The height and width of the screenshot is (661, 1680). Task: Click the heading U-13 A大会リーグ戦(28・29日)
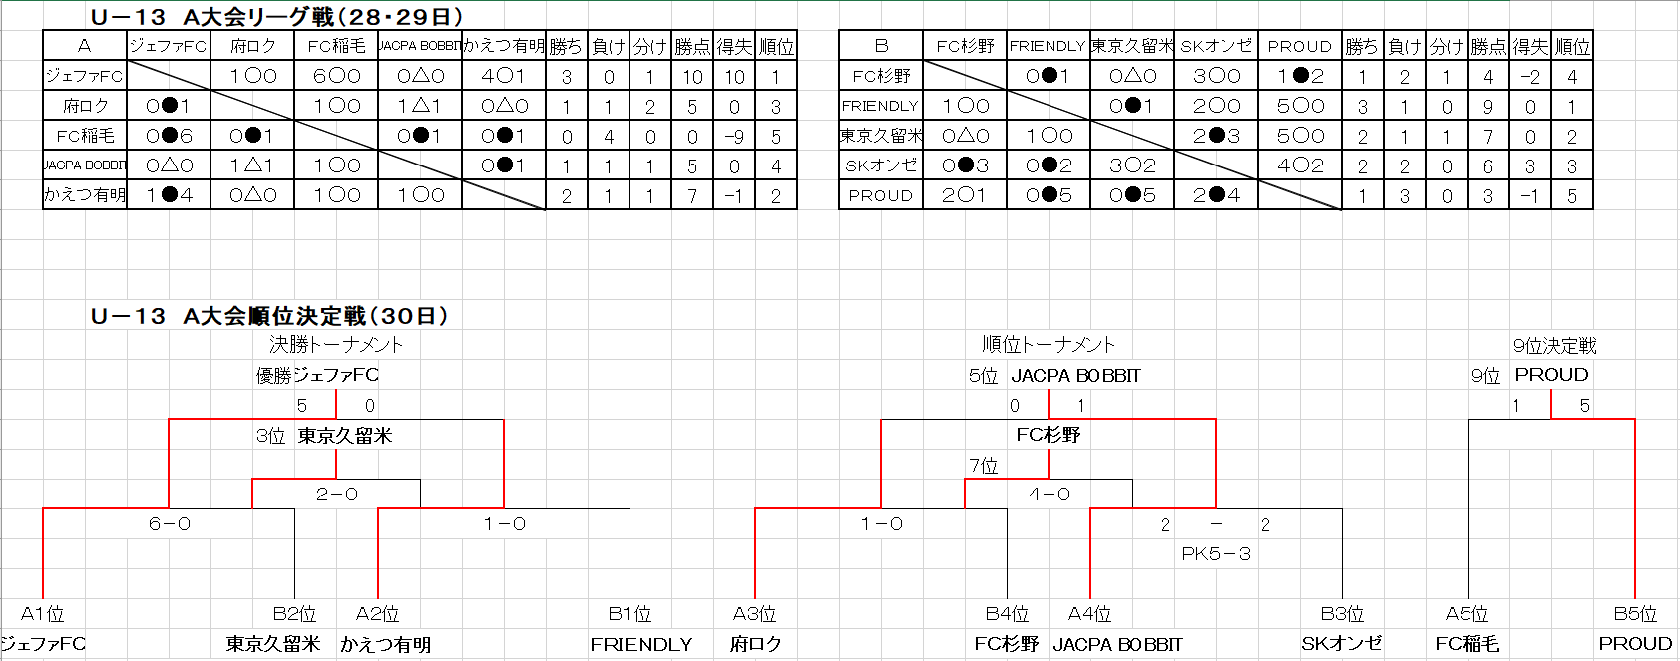[x=276, y=16]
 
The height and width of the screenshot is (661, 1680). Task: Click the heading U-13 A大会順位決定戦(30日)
[x=269, y=316]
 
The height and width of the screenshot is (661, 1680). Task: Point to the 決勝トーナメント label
[x=336, y=345]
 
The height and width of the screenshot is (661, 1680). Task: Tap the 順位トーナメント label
[x=1049, y=345]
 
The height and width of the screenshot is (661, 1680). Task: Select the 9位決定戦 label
[x=1554, y=346]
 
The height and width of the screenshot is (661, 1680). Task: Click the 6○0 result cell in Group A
[x=336, y=76]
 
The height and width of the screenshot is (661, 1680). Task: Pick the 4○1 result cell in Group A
[x=503, y=76]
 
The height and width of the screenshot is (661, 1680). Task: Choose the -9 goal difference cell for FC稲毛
[x=734, y=137]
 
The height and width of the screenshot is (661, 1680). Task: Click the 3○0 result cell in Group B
[x=1216, y=76]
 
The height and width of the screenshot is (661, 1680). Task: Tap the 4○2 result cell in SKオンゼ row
[x=1300, y=165]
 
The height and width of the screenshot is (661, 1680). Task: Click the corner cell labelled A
[x=85, y=46]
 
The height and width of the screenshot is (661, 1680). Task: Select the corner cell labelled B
[x=881, y=46]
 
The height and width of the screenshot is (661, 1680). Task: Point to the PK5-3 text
[x=1215, y=554]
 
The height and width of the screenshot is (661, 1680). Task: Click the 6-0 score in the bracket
[x=169, y=524]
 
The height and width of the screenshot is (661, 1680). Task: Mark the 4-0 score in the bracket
[x=1049, y=495]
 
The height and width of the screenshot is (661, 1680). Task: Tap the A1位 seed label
[x=43, y=614]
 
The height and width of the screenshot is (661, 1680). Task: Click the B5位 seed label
[x=1634, y=614]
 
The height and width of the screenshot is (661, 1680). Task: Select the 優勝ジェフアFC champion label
[x=317, y=375]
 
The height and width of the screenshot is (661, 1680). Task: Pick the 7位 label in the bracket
[x=983, y=466]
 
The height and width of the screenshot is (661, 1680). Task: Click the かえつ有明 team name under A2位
[x=385, y=645]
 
